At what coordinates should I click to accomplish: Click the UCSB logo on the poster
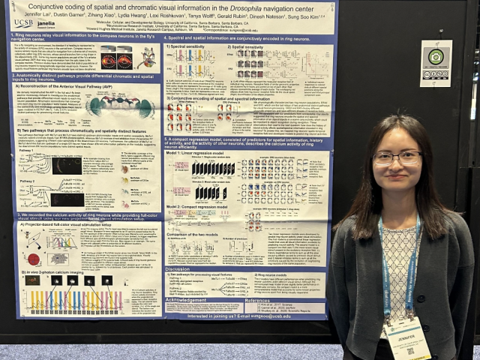(x=23, y=23)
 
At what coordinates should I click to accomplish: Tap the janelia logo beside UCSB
(x=45, y=23)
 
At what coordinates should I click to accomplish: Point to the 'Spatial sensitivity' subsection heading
(x=256, y=46)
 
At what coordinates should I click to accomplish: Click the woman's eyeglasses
(x=397, y=157)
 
